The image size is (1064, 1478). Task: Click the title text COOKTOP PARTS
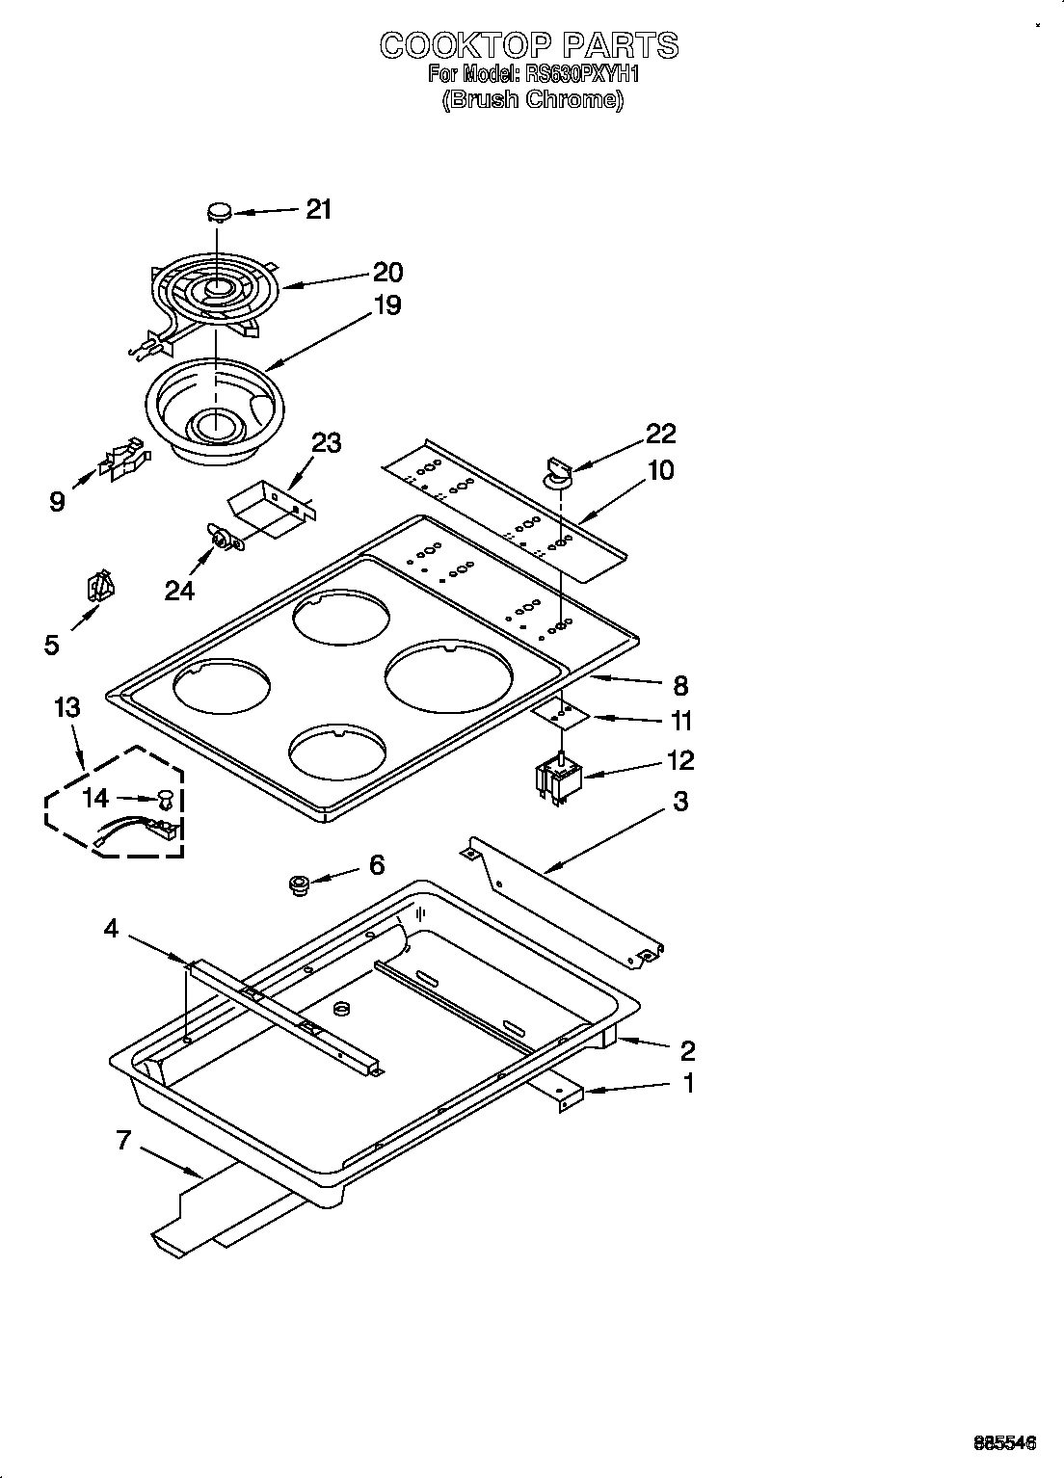529,45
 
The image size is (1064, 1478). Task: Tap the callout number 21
319,209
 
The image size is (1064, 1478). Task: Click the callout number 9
58,501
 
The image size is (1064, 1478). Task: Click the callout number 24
179,590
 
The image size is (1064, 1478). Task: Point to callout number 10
661,471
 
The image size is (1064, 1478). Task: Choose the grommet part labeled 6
299,884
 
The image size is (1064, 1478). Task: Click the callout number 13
67,708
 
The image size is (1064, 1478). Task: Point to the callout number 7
122,1141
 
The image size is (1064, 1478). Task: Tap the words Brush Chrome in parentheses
532,99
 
